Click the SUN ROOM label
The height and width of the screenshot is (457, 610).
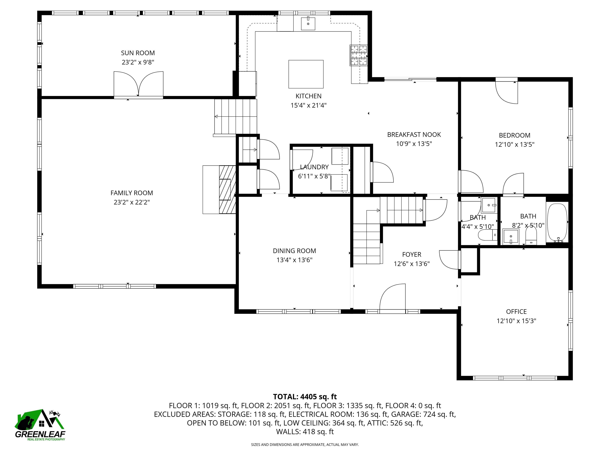tap(138, 53)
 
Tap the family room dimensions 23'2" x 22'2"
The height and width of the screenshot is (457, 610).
tap(131, 202)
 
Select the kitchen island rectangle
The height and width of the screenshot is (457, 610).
tap(306, 74)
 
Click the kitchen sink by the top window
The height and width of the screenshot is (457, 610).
tap(308, 23)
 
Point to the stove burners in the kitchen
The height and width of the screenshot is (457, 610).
tap(358, 55)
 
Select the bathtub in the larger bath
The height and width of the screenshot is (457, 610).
tap(557, 223)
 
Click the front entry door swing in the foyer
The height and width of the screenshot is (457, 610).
tap(392, 298)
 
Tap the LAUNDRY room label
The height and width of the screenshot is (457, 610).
tap(314, 167)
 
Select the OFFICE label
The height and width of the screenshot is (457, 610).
tap(516, 312)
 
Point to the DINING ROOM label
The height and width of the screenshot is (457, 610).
tap(294, 251)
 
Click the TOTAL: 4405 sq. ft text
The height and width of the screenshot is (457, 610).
tap(305, 397)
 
